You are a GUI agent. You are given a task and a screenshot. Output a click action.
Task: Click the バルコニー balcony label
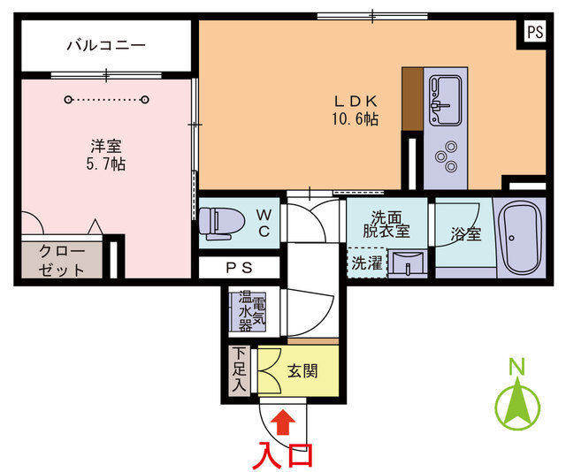(x=105, y=44)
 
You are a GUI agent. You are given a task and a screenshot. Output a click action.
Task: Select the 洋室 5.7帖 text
(x=106, y=155)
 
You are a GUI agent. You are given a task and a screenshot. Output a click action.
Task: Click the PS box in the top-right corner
(x=534, y=32)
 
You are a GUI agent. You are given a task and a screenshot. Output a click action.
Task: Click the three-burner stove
(x=444, y=156)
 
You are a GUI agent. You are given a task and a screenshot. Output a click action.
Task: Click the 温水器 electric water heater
(x=244, y=311)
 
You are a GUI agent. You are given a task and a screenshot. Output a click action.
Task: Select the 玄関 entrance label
(x=302, y=370)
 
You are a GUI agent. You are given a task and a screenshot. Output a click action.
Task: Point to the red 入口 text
(x=282, y=453)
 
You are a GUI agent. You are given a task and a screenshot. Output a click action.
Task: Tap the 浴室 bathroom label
(x=465, y=234)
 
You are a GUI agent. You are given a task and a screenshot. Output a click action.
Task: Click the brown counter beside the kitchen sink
(x=413, y=98)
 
